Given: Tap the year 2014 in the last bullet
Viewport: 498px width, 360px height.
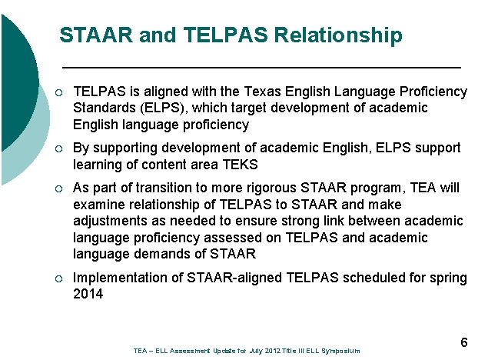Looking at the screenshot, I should pos(88,293).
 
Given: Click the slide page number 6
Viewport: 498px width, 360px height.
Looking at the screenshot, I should pos(463,342).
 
